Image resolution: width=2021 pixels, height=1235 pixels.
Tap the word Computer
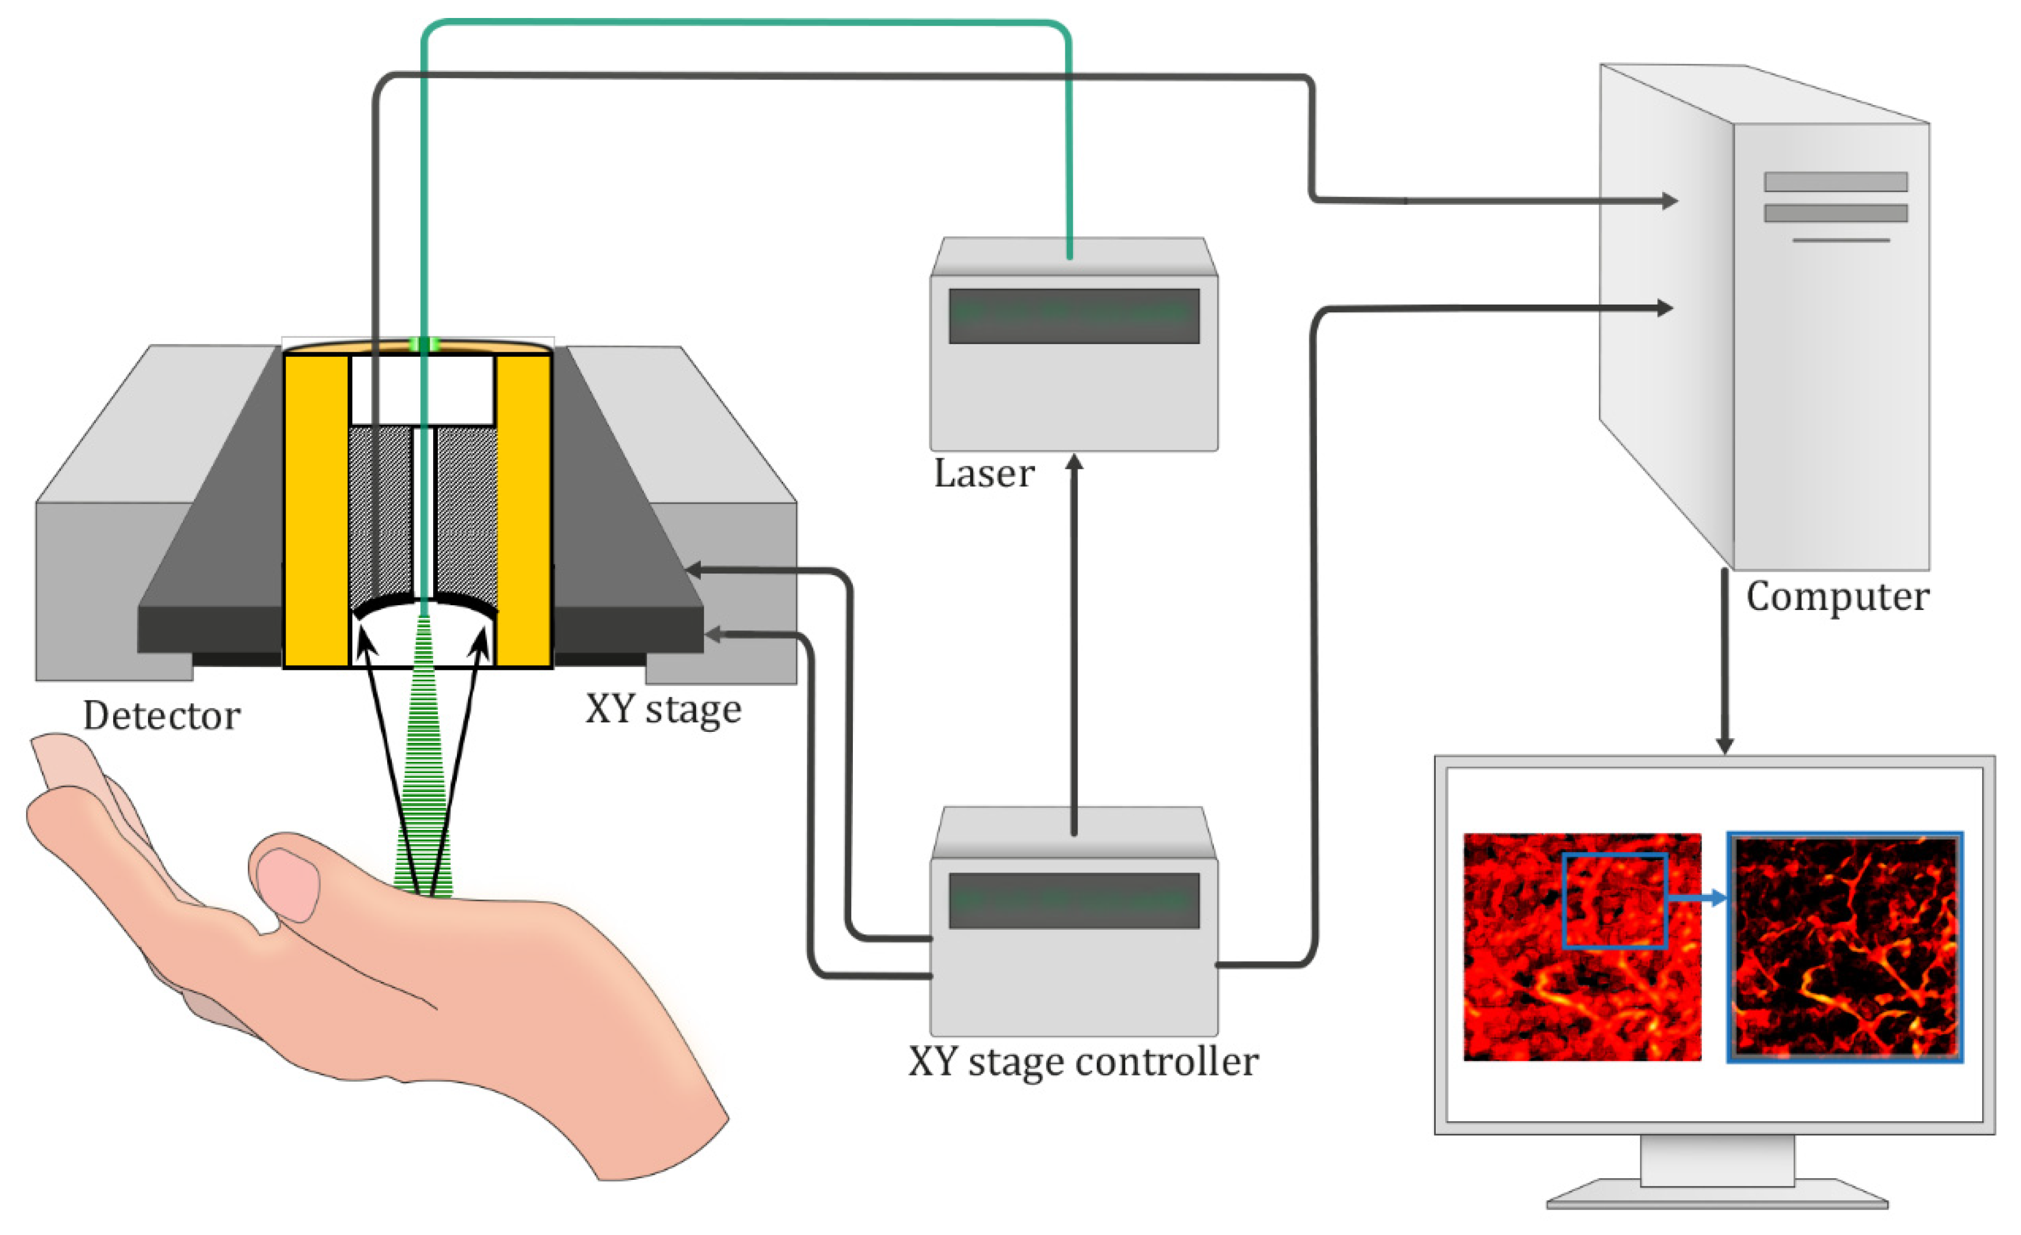click(x=1838, y=596)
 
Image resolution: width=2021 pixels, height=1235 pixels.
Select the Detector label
click(x=161, y=716)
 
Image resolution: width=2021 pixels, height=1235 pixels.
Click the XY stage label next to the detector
click(x=662, y=709)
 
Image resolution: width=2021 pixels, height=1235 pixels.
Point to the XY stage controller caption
click(x=1083, y=1062)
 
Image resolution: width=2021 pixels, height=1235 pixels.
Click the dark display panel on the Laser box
click(x=1073, y=316)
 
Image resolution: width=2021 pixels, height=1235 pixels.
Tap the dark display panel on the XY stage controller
click(x=1073, y=900)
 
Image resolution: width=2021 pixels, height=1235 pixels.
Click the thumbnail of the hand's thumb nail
click(x=287, y=884)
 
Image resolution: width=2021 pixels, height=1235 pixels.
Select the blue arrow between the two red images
click(x=1698, y=899)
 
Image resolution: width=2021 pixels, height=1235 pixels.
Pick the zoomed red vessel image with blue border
click(x=1845, y=947)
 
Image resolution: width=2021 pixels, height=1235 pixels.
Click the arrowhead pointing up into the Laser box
click(x=1073, y=463)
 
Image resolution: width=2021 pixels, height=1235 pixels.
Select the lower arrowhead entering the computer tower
click(x=1664, y=308)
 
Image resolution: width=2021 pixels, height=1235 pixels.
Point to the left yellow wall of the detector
click(x=316, y=508)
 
